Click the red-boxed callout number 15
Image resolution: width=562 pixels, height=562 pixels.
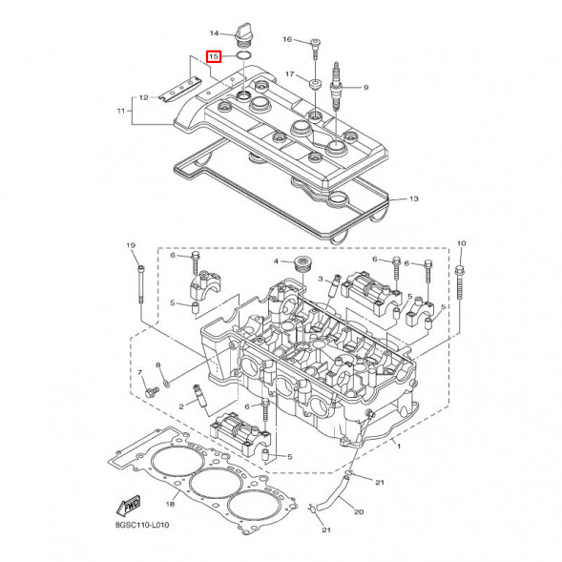[215, 57]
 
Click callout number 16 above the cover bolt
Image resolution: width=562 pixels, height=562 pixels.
[287, 39]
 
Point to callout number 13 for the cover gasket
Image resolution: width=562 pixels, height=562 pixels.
[413, 199]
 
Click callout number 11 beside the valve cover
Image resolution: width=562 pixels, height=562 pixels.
[121, 112]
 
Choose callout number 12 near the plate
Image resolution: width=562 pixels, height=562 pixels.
[143, 97]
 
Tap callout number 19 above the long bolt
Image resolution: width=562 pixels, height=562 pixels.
[132, 245]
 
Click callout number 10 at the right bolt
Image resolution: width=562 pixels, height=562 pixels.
[462, 245]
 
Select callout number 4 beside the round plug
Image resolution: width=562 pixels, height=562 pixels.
[277, 261]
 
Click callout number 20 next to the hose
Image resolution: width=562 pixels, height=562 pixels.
[360, 512]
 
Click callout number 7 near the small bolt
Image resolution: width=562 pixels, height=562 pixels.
[139, 371]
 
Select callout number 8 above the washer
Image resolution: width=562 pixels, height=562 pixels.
[159, 365]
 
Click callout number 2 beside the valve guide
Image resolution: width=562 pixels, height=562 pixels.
[180, 406]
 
